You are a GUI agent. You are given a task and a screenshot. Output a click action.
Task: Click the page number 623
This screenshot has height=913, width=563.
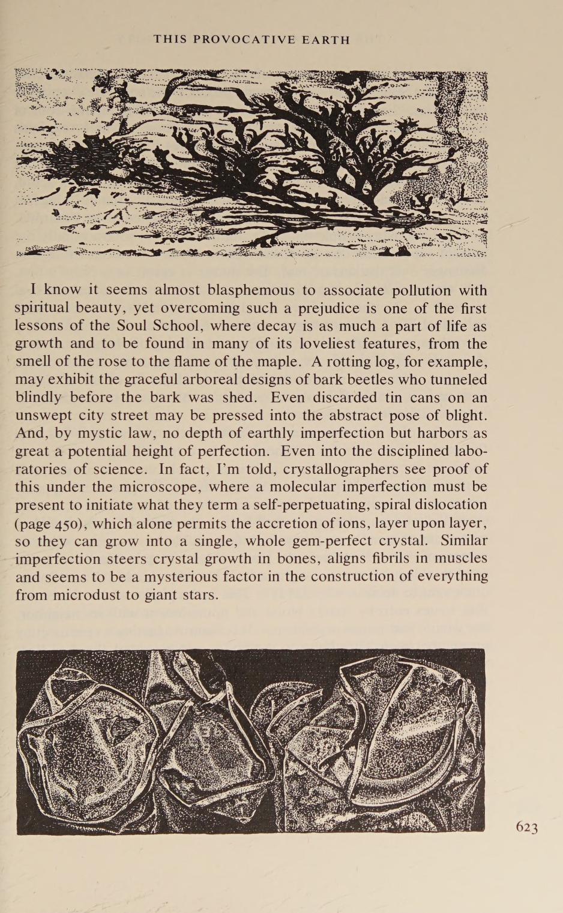[x=526, y=828]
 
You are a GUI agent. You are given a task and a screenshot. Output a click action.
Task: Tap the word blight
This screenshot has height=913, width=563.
[x=464, y=415]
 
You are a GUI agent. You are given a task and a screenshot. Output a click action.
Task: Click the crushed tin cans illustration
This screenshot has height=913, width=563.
[x=250, y=741]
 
